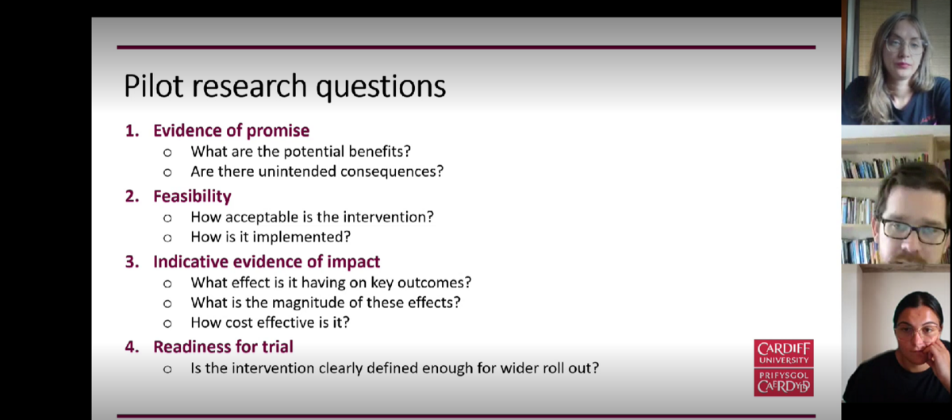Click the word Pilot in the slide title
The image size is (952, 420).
154,86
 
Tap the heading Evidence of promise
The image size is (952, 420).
231,131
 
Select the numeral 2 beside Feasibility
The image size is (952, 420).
132,196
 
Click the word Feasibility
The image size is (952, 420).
192,196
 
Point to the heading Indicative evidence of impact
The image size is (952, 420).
267,262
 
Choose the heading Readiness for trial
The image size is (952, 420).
223,347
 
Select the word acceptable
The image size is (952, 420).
262,217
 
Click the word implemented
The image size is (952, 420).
301,237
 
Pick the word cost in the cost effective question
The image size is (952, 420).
239,322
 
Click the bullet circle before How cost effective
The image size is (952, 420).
167,324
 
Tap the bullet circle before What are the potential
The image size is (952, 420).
167,152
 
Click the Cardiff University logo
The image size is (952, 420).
784,368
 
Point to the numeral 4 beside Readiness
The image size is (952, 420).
132,347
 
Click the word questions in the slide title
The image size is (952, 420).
381,87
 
